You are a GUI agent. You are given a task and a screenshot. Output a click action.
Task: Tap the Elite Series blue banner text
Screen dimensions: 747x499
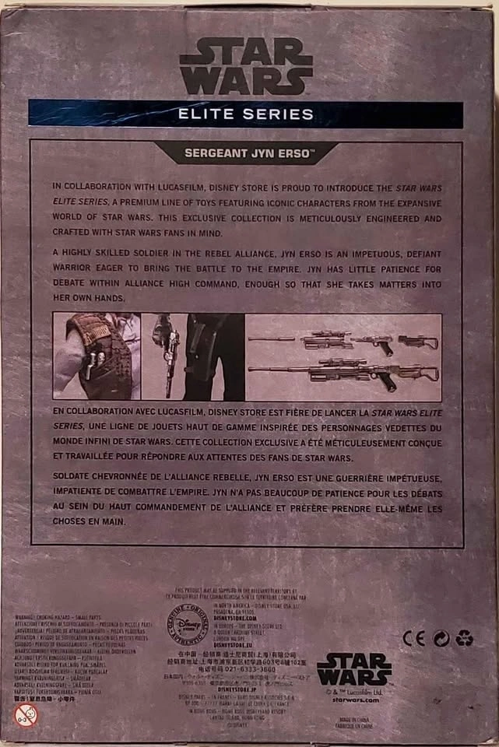245,114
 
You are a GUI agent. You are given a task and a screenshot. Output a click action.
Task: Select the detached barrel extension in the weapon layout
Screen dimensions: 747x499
271,339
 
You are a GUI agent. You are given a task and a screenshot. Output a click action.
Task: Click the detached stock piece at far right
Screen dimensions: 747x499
418,341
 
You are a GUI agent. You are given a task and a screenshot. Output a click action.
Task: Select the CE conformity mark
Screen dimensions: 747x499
413,638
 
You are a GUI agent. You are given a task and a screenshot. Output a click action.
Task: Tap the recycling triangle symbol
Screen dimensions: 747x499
465,638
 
